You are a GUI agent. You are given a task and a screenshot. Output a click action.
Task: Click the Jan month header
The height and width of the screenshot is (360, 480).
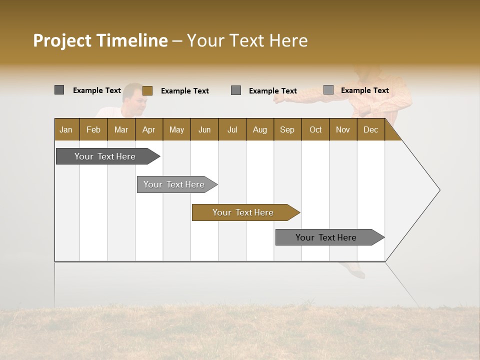(66, 129)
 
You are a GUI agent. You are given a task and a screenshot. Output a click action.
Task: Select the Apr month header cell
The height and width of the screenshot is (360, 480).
(149, 129)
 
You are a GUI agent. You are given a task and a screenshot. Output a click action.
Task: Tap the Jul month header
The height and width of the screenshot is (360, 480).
(232, 129)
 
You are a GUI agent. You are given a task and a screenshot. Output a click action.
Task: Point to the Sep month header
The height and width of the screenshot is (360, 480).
(287, 129)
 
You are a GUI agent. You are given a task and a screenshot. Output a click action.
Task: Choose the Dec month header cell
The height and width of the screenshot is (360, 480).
(370, 129)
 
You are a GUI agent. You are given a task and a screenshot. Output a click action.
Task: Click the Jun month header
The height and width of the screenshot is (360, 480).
(204, 129)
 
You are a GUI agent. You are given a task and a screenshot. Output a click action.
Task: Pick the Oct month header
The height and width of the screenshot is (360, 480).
(315, 129)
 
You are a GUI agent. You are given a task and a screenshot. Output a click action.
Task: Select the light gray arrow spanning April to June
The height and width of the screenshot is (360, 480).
(175, 184)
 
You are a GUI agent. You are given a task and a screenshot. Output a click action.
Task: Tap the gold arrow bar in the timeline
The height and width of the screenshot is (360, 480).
(244, 212)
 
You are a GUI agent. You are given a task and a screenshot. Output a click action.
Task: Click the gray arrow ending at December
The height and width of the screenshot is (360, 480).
(327, 237)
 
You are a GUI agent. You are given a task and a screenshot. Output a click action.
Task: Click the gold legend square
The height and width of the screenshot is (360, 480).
(147, 90)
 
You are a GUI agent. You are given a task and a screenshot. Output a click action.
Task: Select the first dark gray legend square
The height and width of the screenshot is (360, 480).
(59, 90)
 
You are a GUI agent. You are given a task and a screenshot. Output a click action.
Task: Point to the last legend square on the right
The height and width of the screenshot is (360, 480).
(328, 90)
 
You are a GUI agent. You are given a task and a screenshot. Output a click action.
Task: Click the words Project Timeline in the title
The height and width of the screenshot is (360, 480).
(100, 40)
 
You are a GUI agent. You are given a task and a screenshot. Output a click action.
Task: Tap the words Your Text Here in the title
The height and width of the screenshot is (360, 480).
(247, 40)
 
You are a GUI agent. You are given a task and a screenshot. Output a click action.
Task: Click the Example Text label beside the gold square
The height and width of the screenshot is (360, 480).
(184, 91)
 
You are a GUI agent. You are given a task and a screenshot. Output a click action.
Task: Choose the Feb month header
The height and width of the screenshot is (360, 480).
(93, 129)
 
